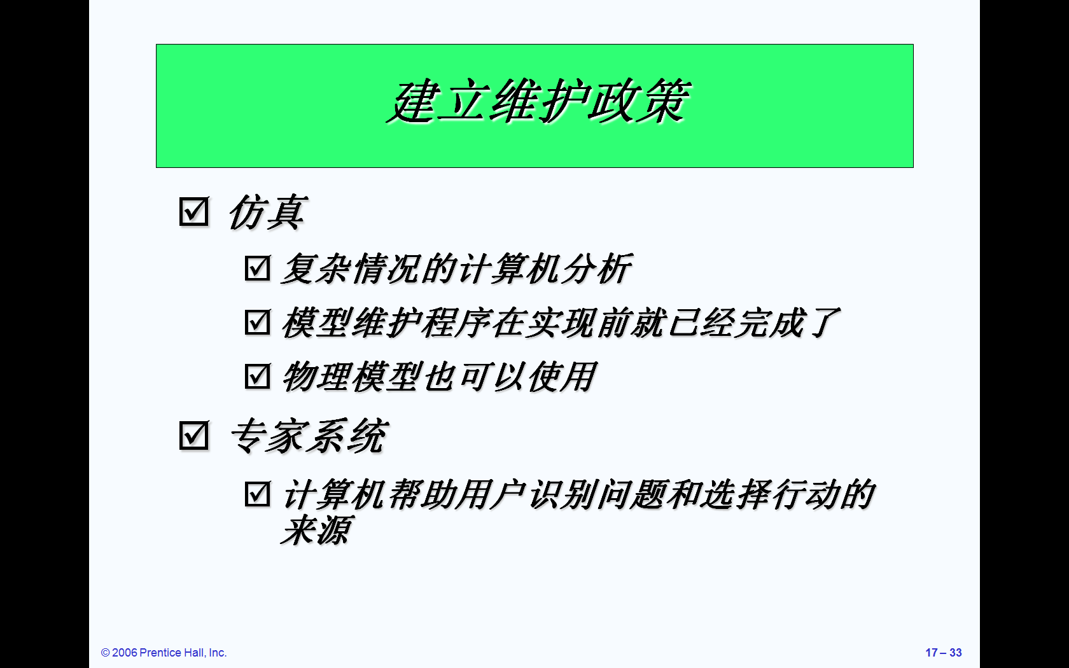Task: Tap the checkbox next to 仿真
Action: click(193, 211)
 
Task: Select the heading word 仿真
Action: click(267, 212)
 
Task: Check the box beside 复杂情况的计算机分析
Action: click(257, 268)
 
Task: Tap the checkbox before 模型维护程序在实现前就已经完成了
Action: click(257, 322)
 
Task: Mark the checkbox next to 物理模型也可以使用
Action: click(257, 376)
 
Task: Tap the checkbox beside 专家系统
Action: click(193, 435)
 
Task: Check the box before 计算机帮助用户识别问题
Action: click(257, 494)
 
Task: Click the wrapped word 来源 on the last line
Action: click(316, 530)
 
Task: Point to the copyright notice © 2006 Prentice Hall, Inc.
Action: click(164, 652)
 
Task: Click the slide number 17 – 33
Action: click(944, 652)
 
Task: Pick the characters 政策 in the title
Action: click(639, 102)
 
